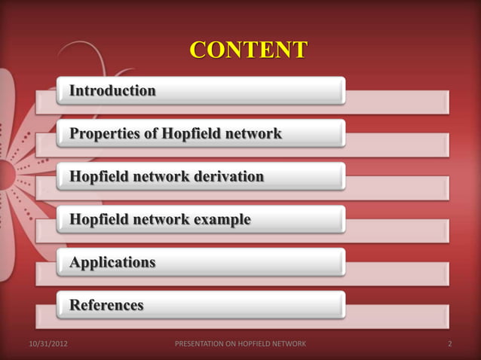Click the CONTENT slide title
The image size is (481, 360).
pos(248,50)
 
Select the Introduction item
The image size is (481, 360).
pos(113,91)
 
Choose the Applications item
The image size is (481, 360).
pos(113,263)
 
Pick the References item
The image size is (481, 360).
pos(106,306)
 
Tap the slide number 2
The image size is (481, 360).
pos(449,345)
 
